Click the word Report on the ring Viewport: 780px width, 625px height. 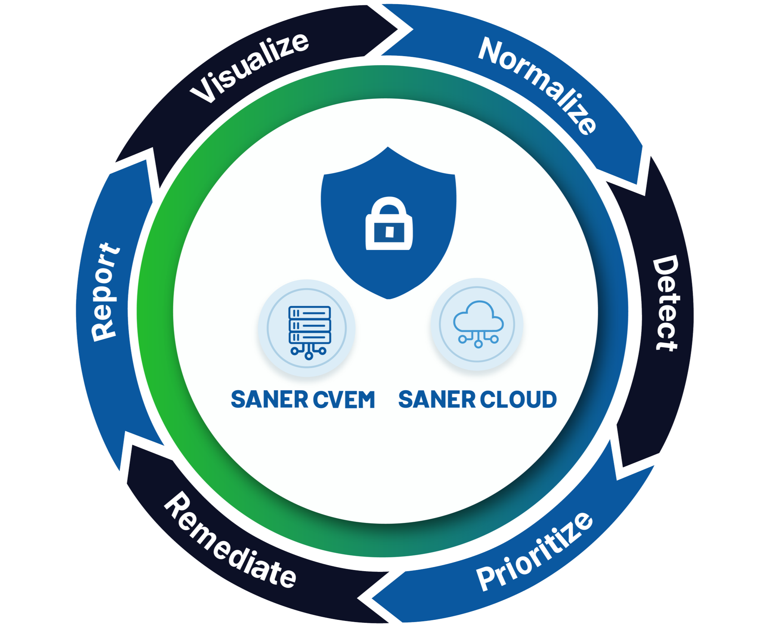pos(106,292)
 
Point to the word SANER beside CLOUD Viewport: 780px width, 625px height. pos(437,399)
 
